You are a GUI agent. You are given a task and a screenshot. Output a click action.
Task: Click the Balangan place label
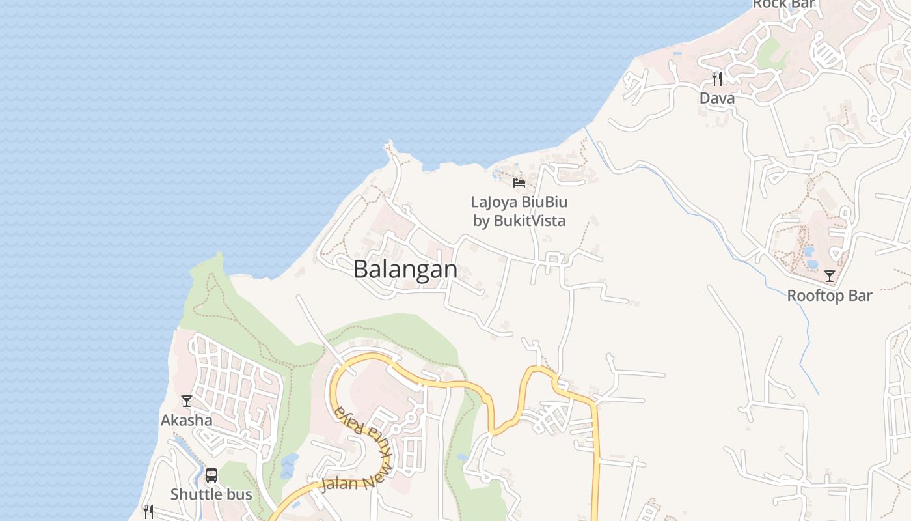405,270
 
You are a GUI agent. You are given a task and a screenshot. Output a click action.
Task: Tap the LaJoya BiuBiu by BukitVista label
519,211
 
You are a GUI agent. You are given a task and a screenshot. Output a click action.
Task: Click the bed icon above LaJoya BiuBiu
519,183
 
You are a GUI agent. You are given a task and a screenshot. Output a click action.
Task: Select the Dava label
717,98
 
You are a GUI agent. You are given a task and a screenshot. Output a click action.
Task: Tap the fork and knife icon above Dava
717,79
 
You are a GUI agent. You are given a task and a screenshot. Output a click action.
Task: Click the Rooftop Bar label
829,296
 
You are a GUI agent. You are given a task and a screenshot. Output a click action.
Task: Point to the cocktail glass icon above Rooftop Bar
830,276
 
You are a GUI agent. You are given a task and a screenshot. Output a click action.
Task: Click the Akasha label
186,420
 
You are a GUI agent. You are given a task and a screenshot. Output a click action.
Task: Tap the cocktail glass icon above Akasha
187,401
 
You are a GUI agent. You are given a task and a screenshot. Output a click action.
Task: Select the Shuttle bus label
211,494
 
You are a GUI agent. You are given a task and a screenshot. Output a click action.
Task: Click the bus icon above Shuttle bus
211,475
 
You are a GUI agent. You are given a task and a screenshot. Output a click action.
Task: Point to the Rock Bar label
783,5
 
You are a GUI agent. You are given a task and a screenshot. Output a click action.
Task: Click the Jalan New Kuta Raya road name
361,456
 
